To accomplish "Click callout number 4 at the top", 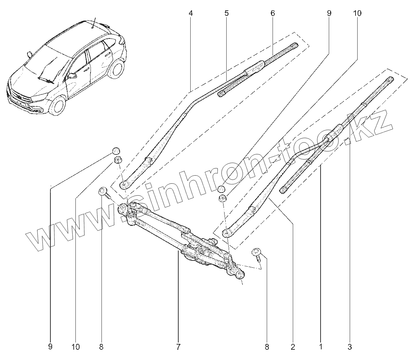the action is coord(191,13).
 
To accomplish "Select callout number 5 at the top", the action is coord(227,13).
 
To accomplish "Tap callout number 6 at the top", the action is coord(273,13).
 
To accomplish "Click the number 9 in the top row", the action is coord(329,13).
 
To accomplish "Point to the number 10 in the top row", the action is coord(357,13).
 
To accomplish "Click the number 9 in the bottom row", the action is coord(50,347).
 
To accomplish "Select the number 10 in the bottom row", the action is coord(76,347).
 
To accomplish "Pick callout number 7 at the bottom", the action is coord(178,347).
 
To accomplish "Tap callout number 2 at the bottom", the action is coord(293,347).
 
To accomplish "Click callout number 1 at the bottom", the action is coord(321,347).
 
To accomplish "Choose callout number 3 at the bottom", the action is coord(349,347).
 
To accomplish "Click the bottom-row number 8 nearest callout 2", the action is coord(267,347).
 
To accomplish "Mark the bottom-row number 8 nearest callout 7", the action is coord(101,347).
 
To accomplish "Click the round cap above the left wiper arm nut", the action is coord(117,151).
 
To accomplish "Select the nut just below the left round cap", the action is coord(118,160).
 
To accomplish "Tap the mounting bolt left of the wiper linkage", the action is coord(104,192).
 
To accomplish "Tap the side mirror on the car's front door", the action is coord(72,76).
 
